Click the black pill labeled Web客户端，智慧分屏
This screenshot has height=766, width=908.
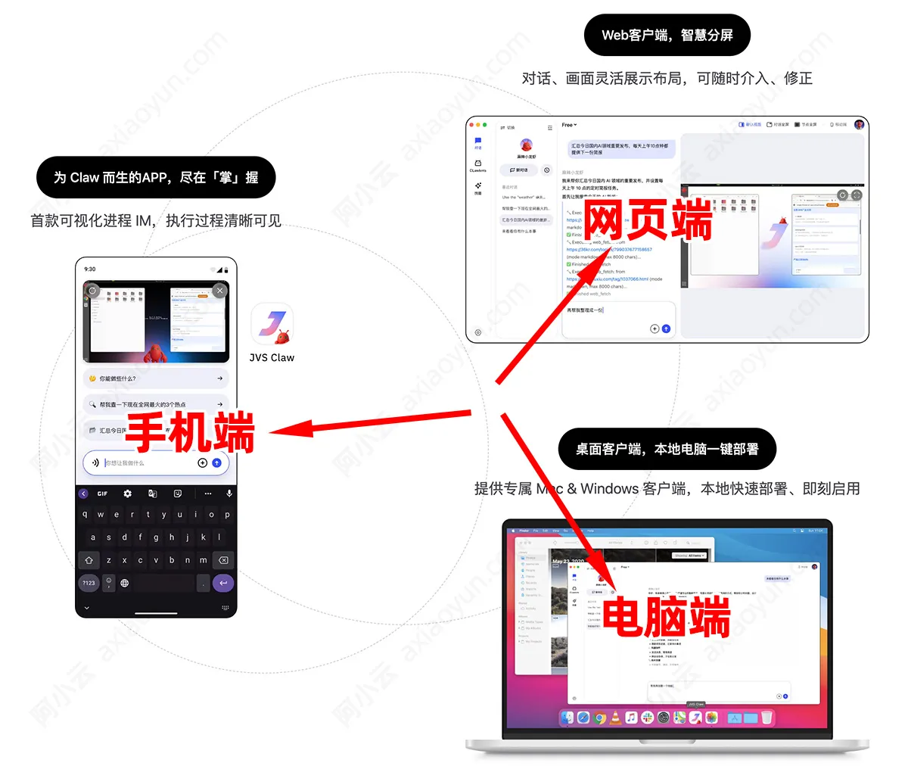click(x=667, y=35)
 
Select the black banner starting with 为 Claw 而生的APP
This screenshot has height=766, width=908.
click(x=156, y=178)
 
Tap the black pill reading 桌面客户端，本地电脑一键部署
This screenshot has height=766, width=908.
click(x=667, y=449)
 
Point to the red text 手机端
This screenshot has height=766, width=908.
click(x=190, y=433)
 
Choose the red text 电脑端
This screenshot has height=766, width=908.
click(x=667, y=617)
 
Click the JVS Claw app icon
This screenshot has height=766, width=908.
click(x=271, y=325)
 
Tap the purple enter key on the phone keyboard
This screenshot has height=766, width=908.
click(x=222, y=583)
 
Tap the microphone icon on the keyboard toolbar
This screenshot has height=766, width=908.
click(x=229, y=494)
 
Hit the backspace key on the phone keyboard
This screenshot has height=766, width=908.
click(x=222, y=560)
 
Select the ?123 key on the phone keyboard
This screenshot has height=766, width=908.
click(x=89, y=583)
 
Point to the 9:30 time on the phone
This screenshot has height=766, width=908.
click(x=90, y=269)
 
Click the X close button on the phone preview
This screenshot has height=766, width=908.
click(x=219, y=291)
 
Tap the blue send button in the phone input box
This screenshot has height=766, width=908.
click(x=217, y=462)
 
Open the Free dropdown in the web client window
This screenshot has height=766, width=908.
click(x=569, y=125)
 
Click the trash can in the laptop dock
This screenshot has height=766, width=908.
click(x=767, y=718)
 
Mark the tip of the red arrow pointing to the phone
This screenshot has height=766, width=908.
click(x=271, y=433)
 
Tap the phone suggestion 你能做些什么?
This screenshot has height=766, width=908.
click(x=156, y=378)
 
